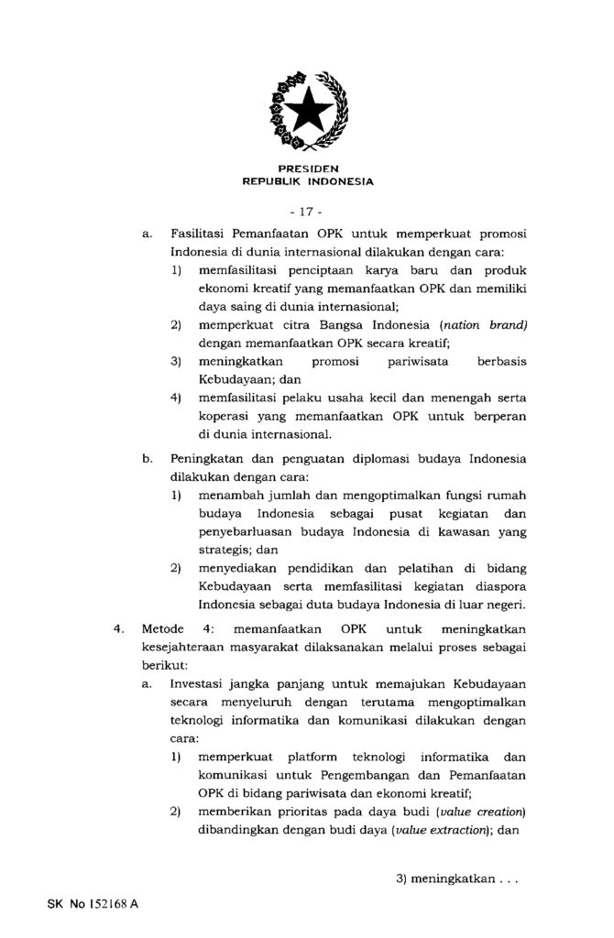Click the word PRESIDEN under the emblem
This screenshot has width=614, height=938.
[308, 169]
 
